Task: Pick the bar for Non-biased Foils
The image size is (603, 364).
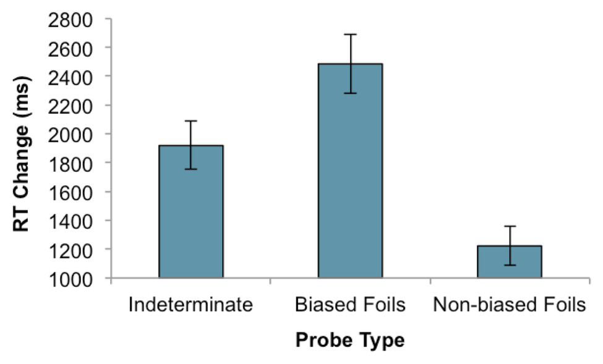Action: click(x=510, y=262)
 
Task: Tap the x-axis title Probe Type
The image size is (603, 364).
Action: click(x=349, y=341)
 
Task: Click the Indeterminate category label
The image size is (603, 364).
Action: click(x=190, y=305)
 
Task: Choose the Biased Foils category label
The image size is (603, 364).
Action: click(x=350, y=305)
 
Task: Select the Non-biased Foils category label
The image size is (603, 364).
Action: click(x=510, y=305)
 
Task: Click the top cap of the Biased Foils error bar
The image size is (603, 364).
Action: click(x=350, y=34)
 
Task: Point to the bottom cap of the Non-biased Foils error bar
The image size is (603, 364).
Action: click(x=510, y=265)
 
